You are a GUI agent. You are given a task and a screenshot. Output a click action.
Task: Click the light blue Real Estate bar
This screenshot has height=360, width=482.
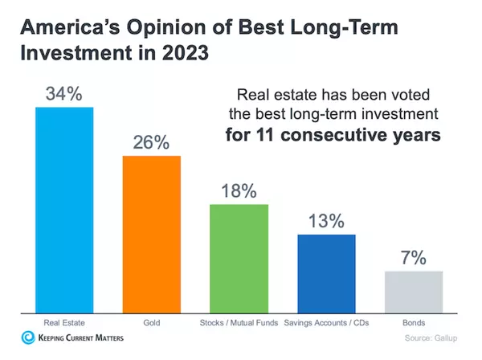click(x=63, y=210)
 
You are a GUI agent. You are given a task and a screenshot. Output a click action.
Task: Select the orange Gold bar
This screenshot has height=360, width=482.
click(x=151, y=234)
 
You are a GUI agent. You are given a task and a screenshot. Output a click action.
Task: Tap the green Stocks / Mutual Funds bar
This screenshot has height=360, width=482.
click(x=239, y=258)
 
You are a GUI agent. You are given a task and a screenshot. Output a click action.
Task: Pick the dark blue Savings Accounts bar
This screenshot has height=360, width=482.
click(x=326, y=273)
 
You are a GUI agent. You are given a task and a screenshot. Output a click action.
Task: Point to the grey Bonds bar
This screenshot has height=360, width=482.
click(x=414, y=292)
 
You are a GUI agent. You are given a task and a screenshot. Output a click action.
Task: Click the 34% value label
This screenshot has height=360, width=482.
click(x=63, y=93)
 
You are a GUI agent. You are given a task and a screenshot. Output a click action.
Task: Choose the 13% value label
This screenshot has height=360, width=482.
click(x=326, y=221)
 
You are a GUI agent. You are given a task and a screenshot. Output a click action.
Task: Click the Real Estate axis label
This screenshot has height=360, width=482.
click(x=63, y=323)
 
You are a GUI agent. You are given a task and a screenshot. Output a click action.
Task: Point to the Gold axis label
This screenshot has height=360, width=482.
click(x=151, y=323)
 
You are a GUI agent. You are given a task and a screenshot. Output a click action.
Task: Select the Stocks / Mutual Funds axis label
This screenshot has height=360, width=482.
click(x=239, y=323)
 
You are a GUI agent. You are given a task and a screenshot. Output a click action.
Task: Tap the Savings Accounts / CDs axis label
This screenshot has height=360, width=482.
click(x=326, y=323)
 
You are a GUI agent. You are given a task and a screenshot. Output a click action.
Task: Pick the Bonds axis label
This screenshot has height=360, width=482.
click(x=414, y=323)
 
